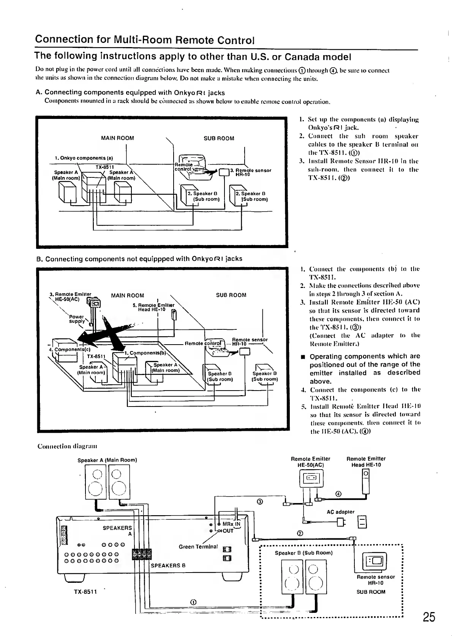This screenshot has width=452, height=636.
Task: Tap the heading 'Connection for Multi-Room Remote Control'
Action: click(x=144, y=40)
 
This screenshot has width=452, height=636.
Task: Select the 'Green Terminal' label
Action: click(x=198, y=547)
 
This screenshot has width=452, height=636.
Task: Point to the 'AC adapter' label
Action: click(x=340, y=512)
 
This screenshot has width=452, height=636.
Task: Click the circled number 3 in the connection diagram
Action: click(x=260, y=502)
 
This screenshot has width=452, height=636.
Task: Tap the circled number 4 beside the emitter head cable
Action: click(x=338, y=494)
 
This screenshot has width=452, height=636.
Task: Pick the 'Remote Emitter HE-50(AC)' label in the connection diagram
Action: click(x=310, y=462)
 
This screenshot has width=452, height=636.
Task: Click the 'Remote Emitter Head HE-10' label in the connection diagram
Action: click(x=366, y=462)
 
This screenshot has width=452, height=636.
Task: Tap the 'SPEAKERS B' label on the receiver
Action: click(x=168, y=565)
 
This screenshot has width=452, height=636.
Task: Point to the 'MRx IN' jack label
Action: click(x=231, y=524)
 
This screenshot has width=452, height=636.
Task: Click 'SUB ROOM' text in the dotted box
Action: click(x=371, y=592)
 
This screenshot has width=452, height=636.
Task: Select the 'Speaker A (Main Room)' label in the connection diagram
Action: click(x=107, y=460)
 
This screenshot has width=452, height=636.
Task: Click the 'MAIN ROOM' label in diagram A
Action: click(x=117, y=138)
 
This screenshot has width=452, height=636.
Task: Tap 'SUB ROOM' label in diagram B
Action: click(x=231, y=295)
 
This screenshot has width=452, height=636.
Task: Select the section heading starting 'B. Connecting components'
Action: click(x=139, y=259)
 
